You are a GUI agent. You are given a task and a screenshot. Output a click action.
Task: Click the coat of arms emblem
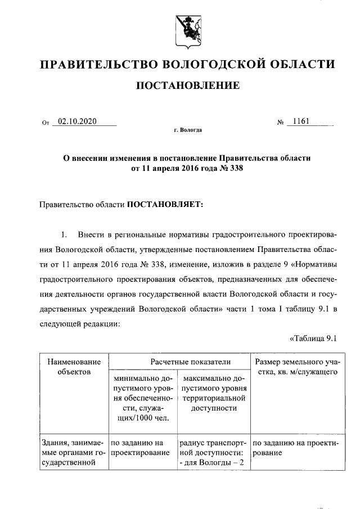(187, 30)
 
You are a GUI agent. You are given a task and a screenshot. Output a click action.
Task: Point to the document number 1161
(301, 121)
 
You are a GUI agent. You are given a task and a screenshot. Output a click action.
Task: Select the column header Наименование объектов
(74, 367)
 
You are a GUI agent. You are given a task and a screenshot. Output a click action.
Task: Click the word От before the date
(46, 122)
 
